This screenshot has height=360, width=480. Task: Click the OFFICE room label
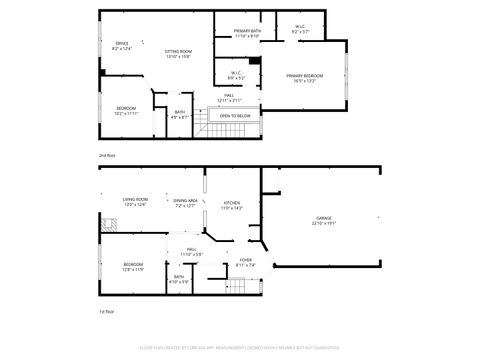pyautogui.click(x=122, y=44)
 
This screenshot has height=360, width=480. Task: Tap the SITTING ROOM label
pyautogui.click(x=178, y=51)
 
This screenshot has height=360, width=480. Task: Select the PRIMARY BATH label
pyautogui.click(x=247, y=32)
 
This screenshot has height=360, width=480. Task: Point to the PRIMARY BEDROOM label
pyautogui.click(x=304, y=76)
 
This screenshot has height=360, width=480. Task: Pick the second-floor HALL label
pyautogui.click(x=229, y=96)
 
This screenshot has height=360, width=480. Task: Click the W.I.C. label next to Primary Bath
pyautogui.click(x=300, y=27)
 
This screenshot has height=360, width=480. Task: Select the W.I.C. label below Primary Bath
pyautogui.click(x=236, y=73)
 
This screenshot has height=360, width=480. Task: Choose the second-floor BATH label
pyautogui.click(x=179, y=113)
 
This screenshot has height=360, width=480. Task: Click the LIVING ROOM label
pyautogui.click(x=135, y=201)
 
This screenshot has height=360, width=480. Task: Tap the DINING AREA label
pyautogui.click(x=185, y=201)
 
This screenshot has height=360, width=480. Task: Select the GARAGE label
pyautogui.click(x=323, y=221)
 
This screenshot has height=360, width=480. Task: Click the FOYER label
pyautogui.click(x=245, y=262)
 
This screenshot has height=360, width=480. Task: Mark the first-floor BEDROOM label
pyautogui.click(x=134, y=265)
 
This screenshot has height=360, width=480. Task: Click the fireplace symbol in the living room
pyautogui.click(x=102, y=228)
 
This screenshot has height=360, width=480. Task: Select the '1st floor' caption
pyautogui.click(x=106, y=313)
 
